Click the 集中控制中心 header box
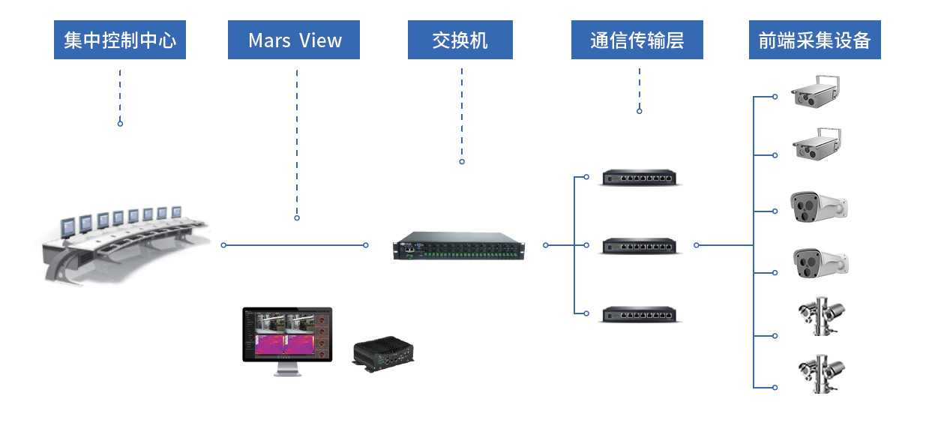[x=120, y=40]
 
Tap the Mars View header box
[x=293, y=40]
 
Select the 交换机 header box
[x=460, y=40]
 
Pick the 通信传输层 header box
[x=637, y=40]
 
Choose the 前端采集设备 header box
[x=814, y=40]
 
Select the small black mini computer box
[x=383, y=354]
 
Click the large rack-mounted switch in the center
[x=459, y=246]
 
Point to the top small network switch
[x=640, y=178]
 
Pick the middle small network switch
[x=640, y=246]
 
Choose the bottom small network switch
[x=640, y=314]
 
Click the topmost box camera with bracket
[x=815, y=91]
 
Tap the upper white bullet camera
[x=819, y=207]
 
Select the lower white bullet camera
[x=821, y=263]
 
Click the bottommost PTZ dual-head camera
[x=822, y=373]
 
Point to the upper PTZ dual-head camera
[x=822, y=316]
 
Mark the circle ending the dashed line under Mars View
[x=297, y=217]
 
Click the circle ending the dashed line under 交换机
[x=462, y=161]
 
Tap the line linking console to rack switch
[x=295, y=245]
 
